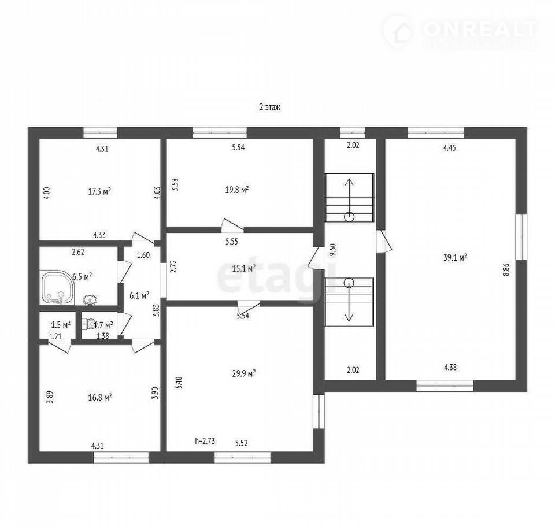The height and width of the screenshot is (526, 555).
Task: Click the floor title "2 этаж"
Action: point(270,108)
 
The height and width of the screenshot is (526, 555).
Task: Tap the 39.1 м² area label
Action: point(455,258)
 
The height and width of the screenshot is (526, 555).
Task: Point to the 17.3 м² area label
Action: point(99,191)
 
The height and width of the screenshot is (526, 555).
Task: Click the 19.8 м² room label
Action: point(237,190)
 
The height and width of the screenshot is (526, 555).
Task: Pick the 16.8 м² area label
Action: point(100,398)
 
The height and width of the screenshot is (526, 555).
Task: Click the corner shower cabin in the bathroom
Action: point(57,287)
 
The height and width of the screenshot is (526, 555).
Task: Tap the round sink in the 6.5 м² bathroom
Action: point(90,300)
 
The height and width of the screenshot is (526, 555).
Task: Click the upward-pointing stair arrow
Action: point(349,196)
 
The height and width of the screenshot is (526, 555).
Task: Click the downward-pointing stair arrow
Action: point(349,302)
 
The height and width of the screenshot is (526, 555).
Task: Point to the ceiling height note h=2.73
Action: point(205,441)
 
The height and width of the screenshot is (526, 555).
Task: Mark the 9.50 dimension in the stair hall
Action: point(332,250)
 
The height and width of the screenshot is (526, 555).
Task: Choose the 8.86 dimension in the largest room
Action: point(506,270)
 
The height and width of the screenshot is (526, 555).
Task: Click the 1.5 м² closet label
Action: point(61,324)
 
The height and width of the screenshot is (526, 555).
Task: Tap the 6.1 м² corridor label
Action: point(139,295)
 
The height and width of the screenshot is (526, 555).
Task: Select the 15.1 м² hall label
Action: point(244,269)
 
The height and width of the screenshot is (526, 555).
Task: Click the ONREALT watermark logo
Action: point(460,32)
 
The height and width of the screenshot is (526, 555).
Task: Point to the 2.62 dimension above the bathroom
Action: point(78,252)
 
